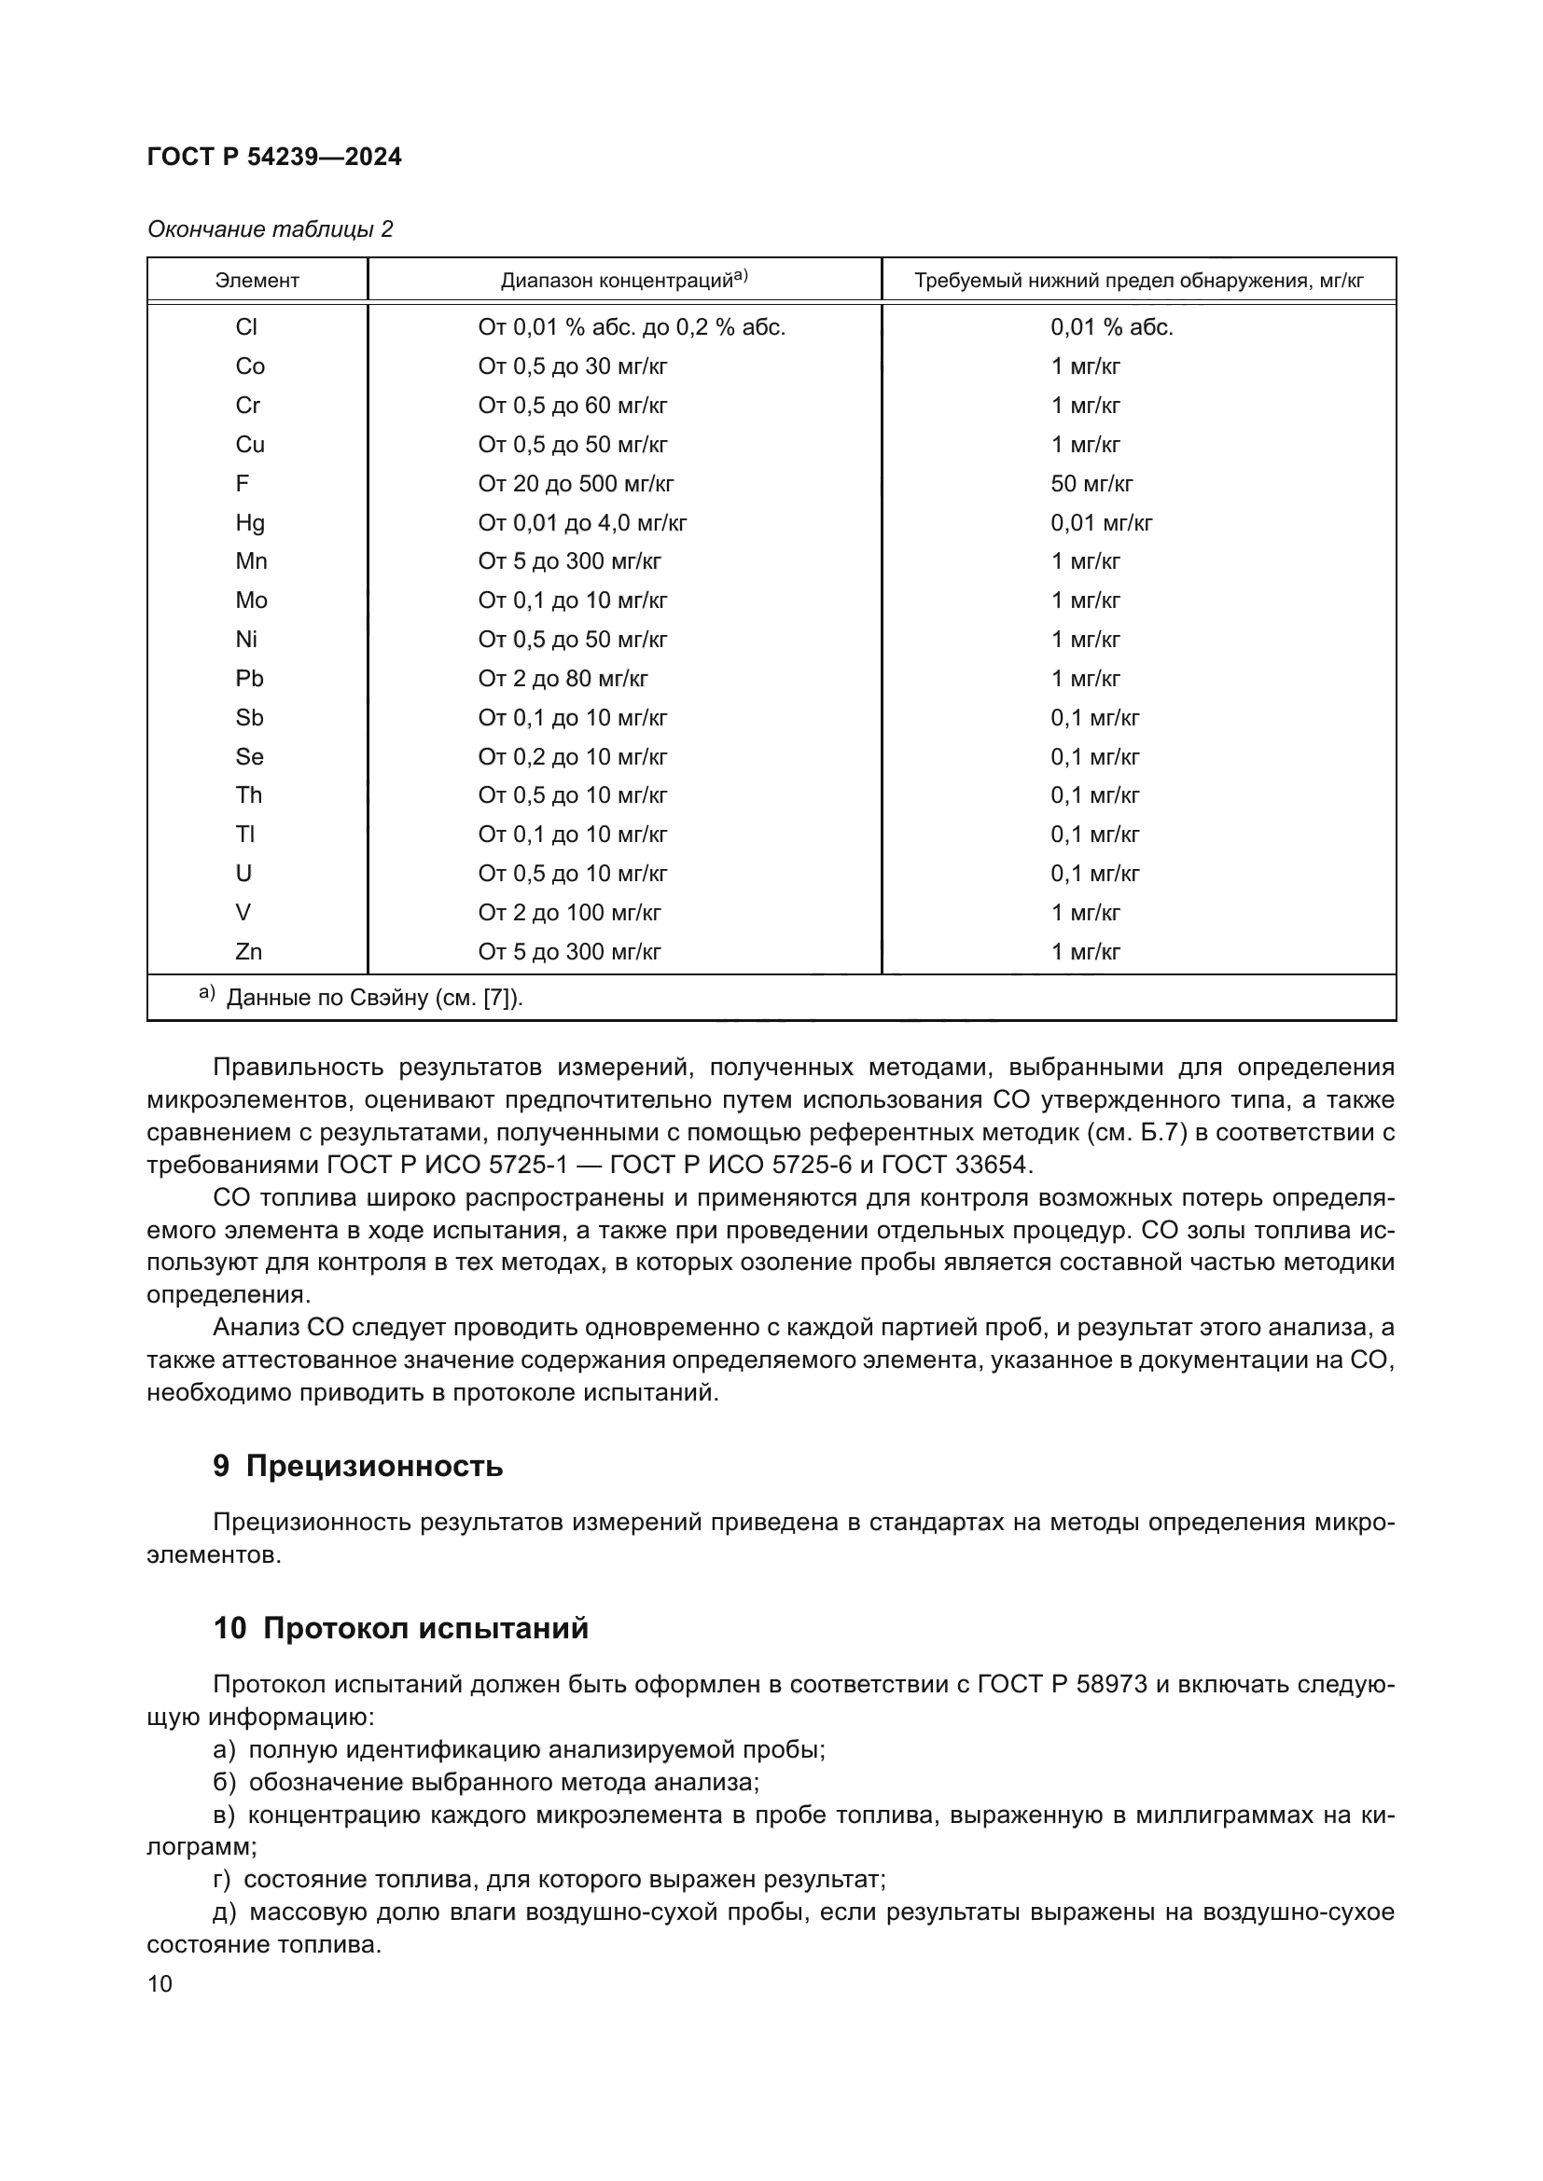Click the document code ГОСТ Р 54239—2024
[274, 157]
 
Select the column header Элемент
[257, 281]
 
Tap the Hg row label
[250, 522]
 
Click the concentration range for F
[576, 484]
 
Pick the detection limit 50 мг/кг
[1091, 484]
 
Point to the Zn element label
[249, 951]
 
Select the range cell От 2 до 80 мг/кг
[563, 678]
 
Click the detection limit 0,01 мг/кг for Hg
[1101, 522]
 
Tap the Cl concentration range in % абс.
[632, 326]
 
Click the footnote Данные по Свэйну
[374, 999]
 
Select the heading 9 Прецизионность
[357, 1466]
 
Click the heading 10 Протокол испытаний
[400, 1628]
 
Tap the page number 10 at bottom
[160, 1983]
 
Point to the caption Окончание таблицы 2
[270, 229]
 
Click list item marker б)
[225, 1782]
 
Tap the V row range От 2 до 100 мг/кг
[569, 912]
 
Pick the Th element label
[249, 795]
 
